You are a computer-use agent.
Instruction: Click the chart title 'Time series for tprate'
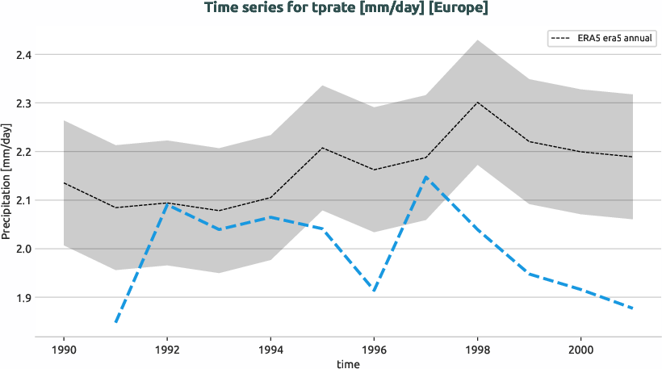(x=347, y=9)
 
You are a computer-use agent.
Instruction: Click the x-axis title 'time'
(x=348, y=364)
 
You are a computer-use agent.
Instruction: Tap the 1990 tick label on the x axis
(x=64, y=351)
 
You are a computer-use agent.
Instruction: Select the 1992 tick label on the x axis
(x=167, y=351)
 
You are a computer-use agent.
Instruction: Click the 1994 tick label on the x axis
(x=270, y=351)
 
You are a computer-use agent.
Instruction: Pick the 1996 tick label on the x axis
(x=374, y=351)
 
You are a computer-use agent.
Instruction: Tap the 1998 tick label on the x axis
(x=477, y=351)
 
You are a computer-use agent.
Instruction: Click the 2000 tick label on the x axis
(x=580, y=351)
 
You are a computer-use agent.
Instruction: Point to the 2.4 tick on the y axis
(x=23, y=55)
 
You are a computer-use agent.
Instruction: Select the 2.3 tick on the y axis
(x=23, y=103)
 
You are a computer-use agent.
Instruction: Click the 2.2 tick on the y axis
(x=23, y=152)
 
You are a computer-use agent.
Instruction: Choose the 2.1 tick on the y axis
(x=23, y=200)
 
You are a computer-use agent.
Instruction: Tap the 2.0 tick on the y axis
(x=23, y=249)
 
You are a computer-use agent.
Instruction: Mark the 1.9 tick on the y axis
(x=23, y=297)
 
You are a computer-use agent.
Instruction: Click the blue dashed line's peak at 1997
(x=425, y=178)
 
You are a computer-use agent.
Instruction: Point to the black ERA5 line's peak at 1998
(x=477, y=103)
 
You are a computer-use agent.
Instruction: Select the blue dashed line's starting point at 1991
(x=116, y=322)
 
